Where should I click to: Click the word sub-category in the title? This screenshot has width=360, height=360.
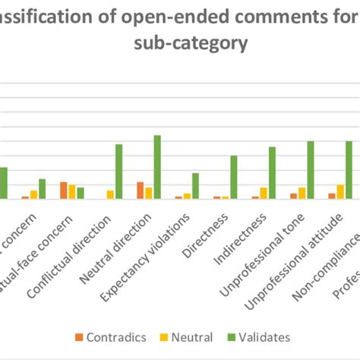[180, 43]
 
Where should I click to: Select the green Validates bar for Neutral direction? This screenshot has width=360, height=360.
[157, 167]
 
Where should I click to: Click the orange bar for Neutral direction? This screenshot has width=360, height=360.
[141, 191]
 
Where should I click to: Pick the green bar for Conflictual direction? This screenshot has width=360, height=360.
[118, 172]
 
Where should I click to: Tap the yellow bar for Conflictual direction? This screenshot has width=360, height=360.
[110, 194]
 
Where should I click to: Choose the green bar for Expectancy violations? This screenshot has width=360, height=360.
[195, 186]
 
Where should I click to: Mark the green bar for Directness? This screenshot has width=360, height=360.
[234, 177]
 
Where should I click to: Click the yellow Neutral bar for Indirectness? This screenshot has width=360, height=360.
[264, 193]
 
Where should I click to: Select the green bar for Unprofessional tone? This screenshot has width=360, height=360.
[311, 170]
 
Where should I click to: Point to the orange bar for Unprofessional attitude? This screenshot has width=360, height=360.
[331, 196]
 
